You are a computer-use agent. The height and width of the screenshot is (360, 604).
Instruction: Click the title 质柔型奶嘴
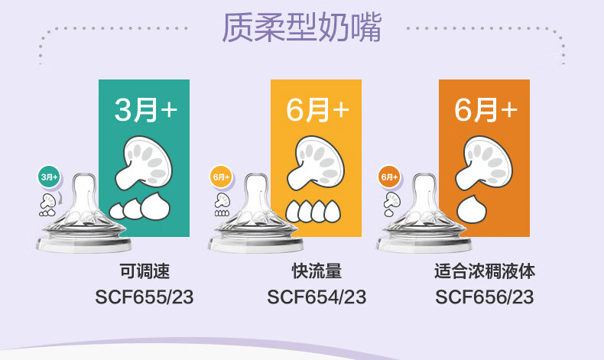[x=301, y=28]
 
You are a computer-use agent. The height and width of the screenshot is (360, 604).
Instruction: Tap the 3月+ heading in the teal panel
[x=145, y=110]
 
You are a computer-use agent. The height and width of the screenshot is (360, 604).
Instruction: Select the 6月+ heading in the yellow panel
[x=317, y=110]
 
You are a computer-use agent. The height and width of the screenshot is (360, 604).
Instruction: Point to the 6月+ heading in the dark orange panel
[x=485, y=110]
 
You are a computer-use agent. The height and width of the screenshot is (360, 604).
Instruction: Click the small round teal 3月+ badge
[x=49, y=177]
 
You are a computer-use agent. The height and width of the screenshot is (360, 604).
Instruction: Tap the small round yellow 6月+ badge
[x=221, y=177]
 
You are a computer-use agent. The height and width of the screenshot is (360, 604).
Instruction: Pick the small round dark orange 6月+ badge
[x=389, y=177]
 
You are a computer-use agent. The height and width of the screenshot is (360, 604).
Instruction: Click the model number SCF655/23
[x=144, y=297]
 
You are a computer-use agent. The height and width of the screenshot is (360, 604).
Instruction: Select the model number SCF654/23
[x=317, y=297]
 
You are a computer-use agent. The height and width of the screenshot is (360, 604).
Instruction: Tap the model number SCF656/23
[x=485, y=297]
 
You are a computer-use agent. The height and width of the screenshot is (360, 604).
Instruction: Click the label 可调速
[x=145, y=271]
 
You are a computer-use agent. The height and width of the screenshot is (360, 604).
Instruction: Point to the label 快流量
[x=317, y=271]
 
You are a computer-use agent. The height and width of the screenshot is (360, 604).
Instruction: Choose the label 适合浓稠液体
[x=485, y=271]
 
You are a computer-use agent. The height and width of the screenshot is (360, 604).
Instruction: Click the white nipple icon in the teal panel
[x=143, y=163]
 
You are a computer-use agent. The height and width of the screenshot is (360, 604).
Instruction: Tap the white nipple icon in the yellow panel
[x=315, y=163]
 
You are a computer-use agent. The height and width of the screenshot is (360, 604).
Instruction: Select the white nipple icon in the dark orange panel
[x=483, y=163]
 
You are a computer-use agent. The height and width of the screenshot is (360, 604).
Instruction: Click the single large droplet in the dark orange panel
[x=472, y=209]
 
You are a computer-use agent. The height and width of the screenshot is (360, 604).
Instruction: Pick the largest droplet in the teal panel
[x=155, y=206]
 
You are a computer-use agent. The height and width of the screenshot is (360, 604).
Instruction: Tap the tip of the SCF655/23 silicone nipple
[x=85, y=177]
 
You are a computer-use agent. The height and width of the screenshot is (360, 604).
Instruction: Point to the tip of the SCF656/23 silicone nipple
[x=424, y=177]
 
